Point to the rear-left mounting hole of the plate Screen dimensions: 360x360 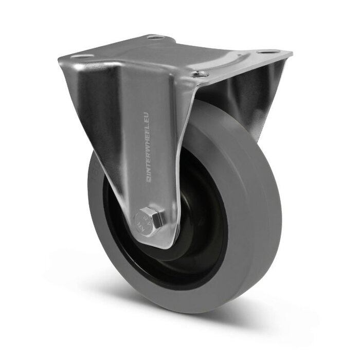(155, 37)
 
